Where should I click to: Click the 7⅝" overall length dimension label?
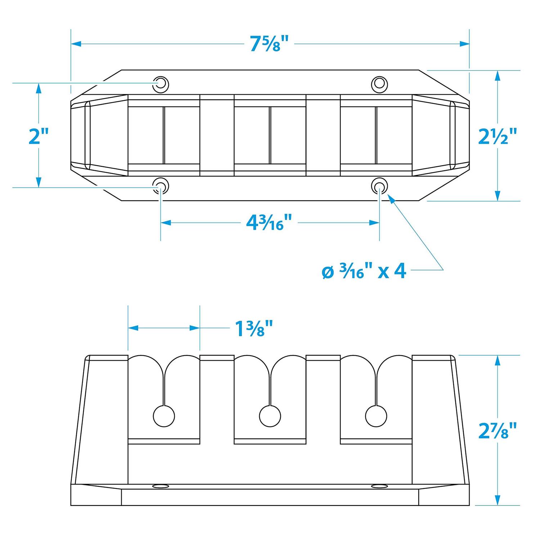[x=270, y=44]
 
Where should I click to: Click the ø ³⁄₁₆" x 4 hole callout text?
[x=364, y=271]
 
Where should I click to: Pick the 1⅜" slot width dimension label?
[x=254, y=328]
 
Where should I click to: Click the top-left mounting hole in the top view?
[x=161, y=84]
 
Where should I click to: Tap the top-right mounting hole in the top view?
[x=379, y=84]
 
